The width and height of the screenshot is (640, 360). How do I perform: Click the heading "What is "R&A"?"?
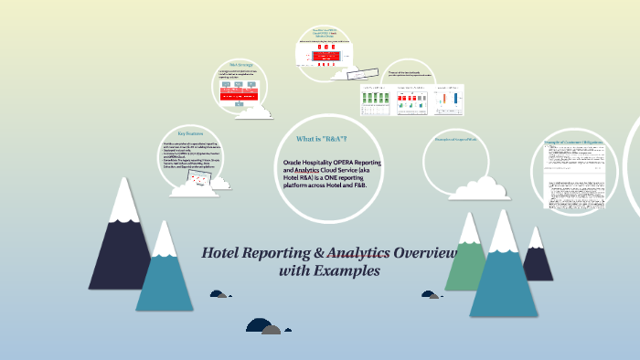click(321, 139)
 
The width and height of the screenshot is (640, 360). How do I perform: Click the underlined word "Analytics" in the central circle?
click(316, 170)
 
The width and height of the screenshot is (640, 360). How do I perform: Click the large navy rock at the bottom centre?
click(257, 324)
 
